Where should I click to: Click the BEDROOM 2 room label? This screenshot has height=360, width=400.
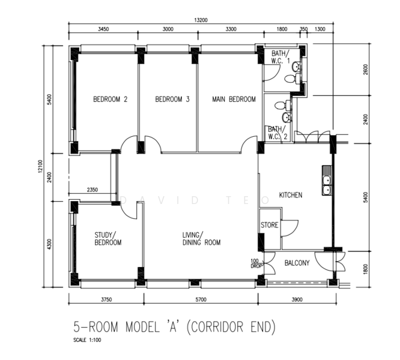(x=110, y=99)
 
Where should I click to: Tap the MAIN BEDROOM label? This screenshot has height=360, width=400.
(x=234, y=99)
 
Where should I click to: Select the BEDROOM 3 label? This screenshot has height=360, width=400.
(x=172, y=99)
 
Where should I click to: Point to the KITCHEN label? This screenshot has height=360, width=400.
(x=291, y=195)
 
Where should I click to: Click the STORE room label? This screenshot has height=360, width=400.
(x=270, y=225)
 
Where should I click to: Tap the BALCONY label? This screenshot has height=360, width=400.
(x=297, y=263)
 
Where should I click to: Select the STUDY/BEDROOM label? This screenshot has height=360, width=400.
(x=108, y=239)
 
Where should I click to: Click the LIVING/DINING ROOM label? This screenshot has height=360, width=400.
(x=202, y=239)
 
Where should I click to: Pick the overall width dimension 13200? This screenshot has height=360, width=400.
(x=201, y=20)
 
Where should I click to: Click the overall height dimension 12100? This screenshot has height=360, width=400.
(x=41, y=167)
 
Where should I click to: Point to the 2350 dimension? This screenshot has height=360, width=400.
(x=92, y=190)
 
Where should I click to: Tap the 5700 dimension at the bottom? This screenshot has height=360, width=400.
(x=201, y=299)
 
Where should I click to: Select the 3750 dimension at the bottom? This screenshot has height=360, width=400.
(x=106, y=299)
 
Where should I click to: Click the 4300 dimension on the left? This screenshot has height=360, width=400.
(x=49, y=244)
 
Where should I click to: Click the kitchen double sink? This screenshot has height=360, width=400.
(x=327, y=181)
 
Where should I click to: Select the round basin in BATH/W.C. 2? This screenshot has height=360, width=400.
(x=286, y=118)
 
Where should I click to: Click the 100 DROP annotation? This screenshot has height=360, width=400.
(x=256, y=263)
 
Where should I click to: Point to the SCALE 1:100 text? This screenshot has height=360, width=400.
(x=87, y=340)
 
